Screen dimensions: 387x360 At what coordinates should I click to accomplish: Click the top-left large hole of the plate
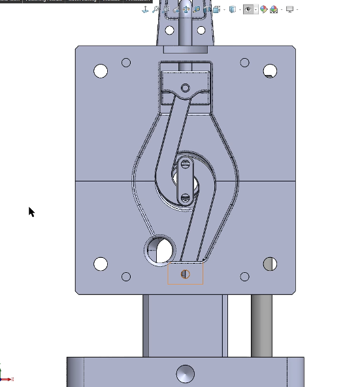click(x=101, y=70)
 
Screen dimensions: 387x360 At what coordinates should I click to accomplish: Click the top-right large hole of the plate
click(x=270, y=70)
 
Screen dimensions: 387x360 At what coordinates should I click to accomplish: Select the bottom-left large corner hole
click(x=101, y=264)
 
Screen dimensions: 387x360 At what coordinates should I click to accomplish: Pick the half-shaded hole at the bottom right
click(x=270, y=264)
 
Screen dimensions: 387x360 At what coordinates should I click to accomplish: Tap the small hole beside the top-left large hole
click(x=126, y=63)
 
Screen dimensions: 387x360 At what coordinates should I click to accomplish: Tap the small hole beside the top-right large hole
click(x=244, y=63)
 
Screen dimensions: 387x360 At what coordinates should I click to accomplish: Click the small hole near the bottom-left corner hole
click(x=126, y=277)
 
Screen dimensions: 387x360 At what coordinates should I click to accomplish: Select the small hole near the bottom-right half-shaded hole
click(x=244, y=277)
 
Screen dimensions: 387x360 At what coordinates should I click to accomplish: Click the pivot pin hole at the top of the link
click(x=186, y=87)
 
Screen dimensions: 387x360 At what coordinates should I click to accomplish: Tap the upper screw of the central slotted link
click(x=186, y=164)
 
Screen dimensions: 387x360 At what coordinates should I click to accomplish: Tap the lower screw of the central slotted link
click(x=186, y=196)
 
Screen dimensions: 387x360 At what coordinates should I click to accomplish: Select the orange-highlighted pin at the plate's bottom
click(x=186, y=274)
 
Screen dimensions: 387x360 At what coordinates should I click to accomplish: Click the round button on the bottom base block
click(x=186, y=374)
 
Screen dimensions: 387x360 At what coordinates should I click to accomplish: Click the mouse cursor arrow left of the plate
click(x=31, y=211)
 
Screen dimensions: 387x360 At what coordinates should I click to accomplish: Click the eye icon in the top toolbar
click(x=248, y=9)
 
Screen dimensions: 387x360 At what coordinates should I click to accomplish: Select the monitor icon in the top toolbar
click(x=289, y=9)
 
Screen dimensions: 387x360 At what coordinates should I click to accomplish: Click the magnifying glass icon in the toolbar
click(x=156, y=9)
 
